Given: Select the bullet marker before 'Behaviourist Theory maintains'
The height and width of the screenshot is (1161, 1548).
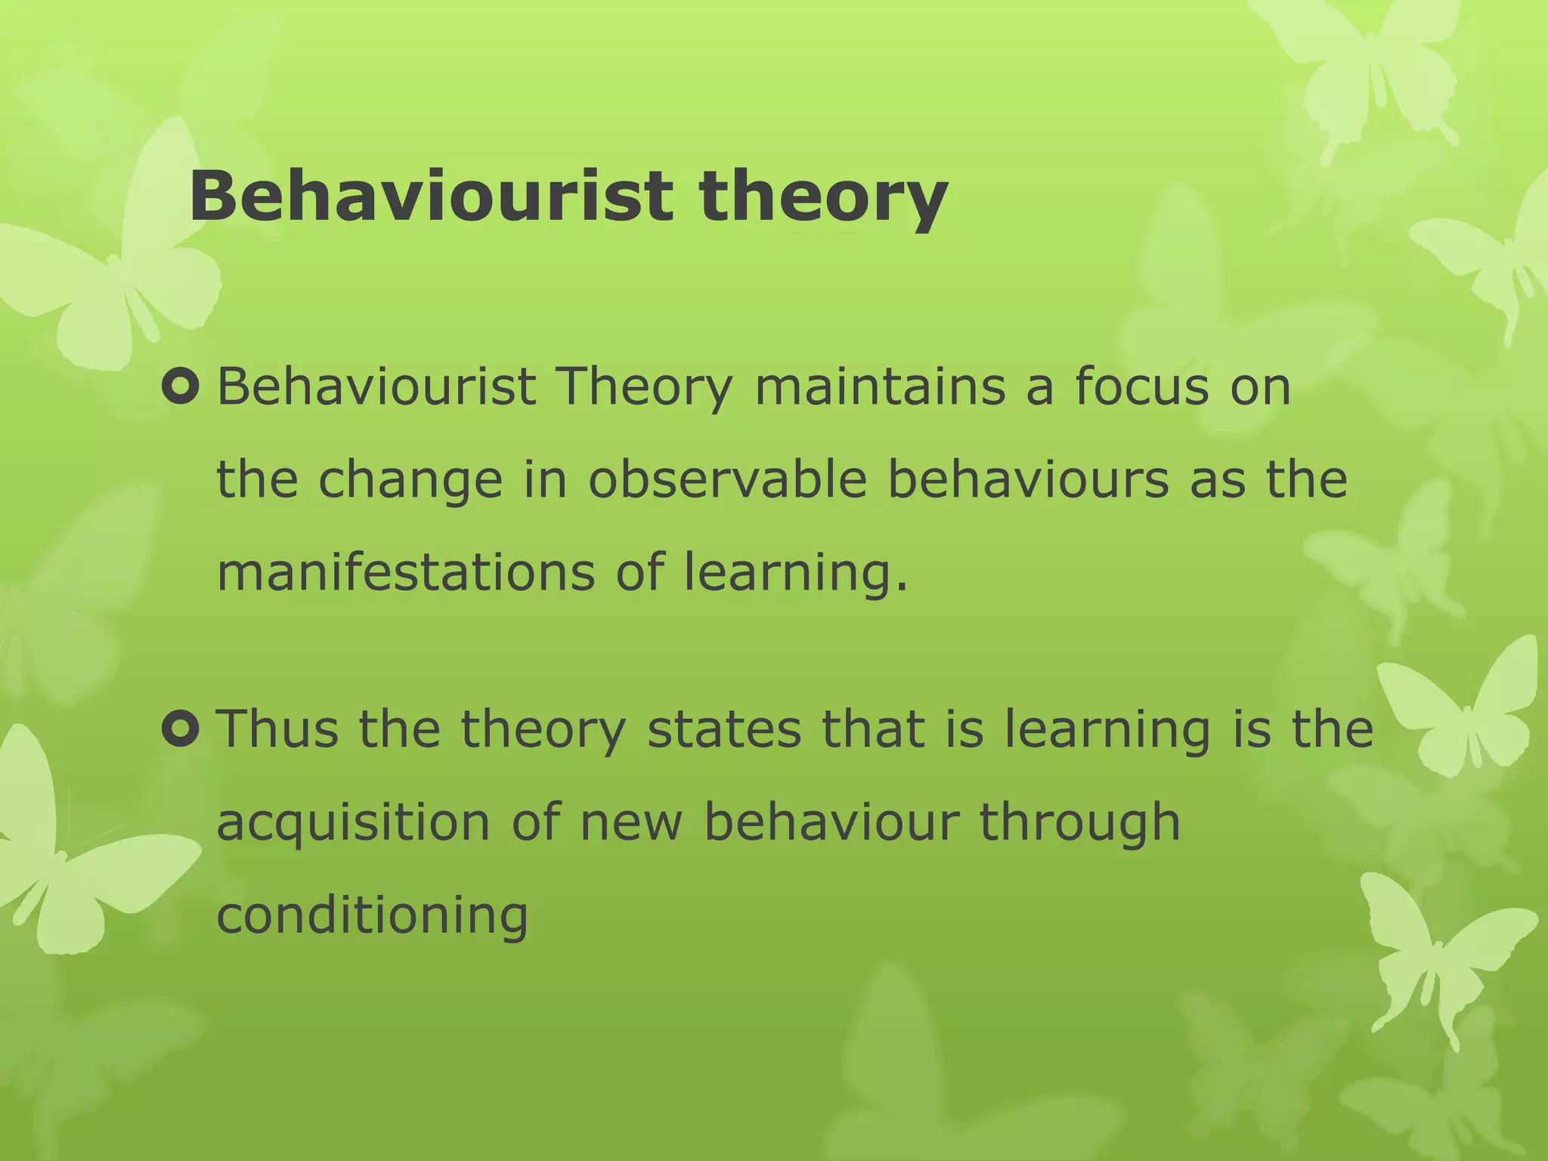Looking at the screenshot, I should pyautogui.click(x=181, y=387).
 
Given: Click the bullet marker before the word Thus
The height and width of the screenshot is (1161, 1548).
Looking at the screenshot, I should pyautogui.click(x=181, y=729).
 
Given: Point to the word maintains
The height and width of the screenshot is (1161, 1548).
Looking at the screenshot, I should pyautogui.click(x=880, y=386).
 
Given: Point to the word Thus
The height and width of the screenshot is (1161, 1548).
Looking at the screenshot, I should pyautogui.click(x=277, y=729).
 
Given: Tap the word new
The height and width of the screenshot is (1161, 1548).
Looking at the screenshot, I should pyautogui.click(x=631, y=822).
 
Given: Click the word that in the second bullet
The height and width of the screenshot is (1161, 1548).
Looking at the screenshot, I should pyautogui.click(x=872, y=729).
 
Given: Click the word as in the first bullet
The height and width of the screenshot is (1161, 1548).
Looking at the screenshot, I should pyautogui.click(x=1217, y=481).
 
